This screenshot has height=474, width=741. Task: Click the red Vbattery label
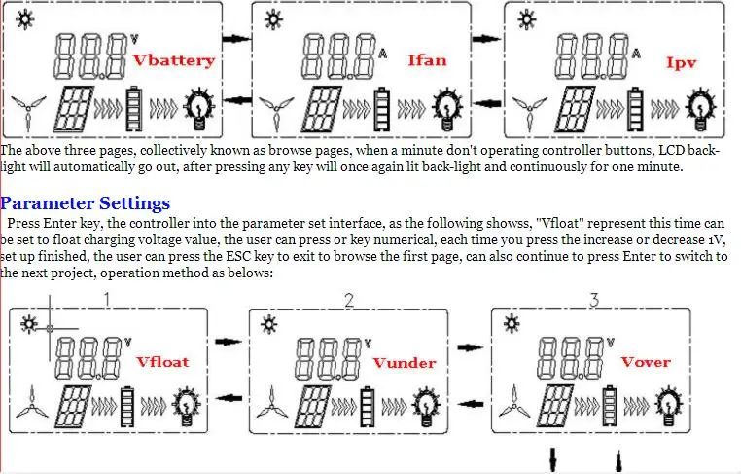(174, 60)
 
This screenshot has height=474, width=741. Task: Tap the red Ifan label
(427, 60)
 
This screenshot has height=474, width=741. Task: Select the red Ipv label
(681, 62)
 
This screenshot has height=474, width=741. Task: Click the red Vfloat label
(162, 361)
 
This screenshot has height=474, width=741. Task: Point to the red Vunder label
(405, 362)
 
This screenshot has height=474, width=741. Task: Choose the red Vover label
(646, 362)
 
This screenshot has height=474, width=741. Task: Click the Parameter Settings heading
(86, 203)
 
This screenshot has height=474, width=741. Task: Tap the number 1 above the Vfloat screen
(107, 300)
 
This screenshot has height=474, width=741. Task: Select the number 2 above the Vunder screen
(349, 300)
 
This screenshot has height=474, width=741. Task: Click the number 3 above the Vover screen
(594, 300)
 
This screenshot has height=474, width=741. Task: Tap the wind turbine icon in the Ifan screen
(276, 113)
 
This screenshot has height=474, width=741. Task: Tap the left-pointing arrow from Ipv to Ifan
(489, 103)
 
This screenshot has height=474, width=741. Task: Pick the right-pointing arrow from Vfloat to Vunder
(229, 342)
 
